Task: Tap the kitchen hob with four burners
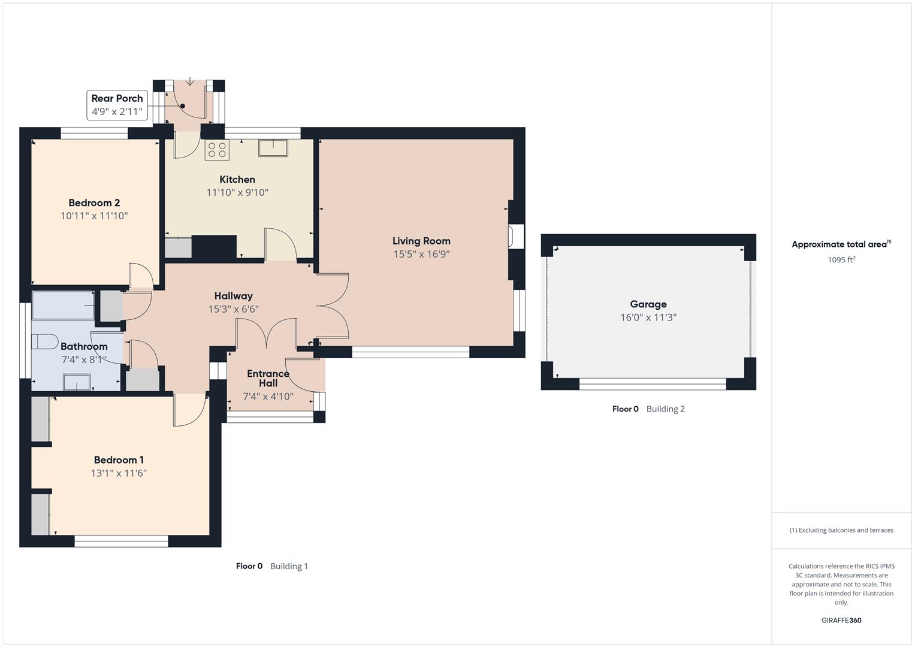[x=217, y=150]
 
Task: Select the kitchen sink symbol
[x=273, y=147]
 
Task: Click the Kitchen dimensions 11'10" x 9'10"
[x=237, y=192]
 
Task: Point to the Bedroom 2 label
[x=94, y=202]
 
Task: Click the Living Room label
[x=421, y=241]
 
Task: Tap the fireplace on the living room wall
[x=515, y=235]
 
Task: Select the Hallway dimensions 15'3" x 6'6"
[x=233, y=309]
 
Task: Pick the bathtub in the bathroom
[x=62, y=305]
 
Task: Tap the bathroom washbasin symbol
[x=77, y=382]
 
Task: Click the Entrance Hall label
[x=268, y=378]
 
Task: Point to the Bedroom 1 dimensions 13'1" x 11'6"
[x=119, y=473]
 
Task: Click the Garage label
[x=648, y=304]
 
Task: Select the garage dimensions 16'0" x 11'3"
[x=648, y=318]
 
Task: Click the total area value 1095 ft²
[x=841, y=259]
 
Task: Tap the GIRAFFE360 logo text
[x=841, y=620]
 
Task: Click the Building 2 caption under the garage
[x=665, y=409]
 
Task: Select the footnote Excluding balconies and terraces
[x=841, y=530]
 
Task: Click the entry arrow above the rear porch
[x=190, y=81]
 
